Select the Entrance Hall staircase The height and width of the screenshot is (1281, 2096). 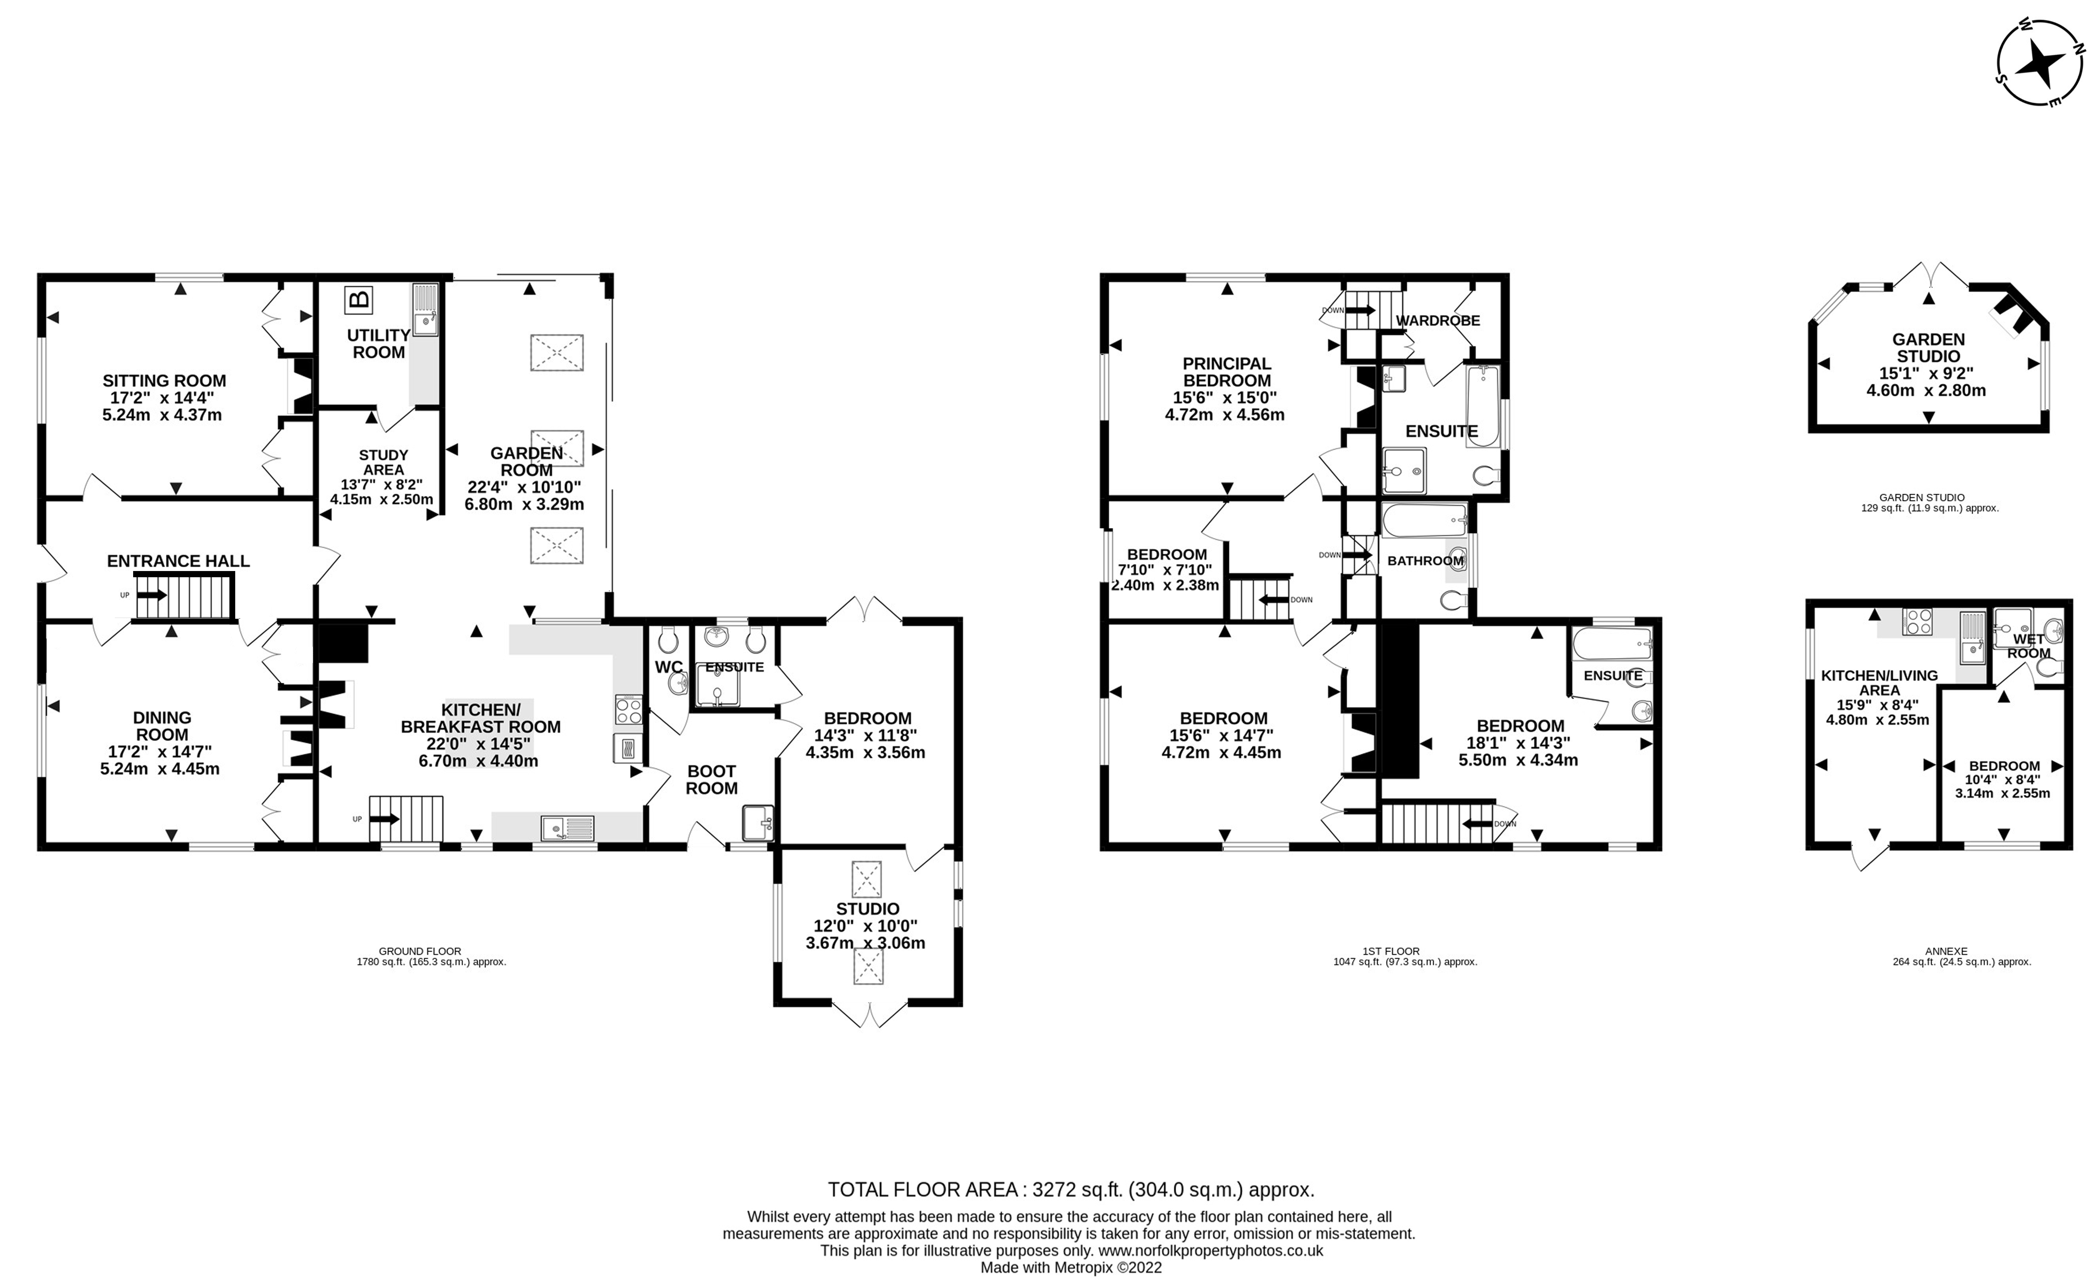pyautogui.click(x=185, y=595)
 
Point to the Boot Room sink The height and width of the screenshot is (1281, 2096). pyautogui.click(x=757, y=822)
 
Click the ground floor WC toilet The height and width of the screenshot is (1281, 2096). pyautogui.click(x=668, y=640)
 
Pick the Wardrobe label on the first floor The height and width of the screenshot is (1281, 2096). pyautogui.click(x=1438, y=321)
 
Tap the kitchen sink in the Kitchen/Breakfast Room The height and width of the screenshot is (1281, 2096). pyautogui.click(x=567, y=826)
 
